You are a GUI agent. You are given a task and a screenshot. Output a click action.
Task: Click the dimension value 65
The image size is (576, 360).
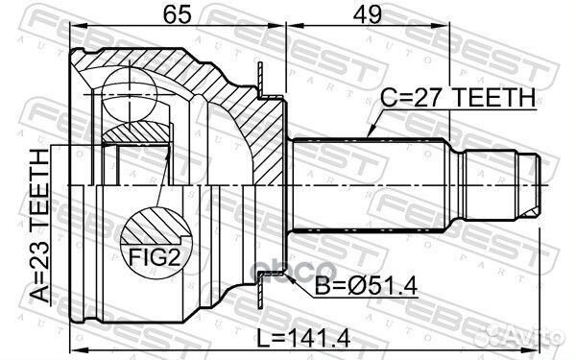177,14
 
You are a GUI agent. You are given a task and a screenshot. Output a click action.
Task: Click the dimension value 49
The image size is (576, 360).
367,14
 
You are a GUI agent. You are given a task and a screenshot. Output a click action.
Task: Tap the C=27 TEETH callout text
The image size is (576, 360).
458,98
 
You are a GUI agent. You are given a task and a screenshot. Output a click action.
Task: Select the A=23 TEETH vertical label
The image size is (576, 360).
40,226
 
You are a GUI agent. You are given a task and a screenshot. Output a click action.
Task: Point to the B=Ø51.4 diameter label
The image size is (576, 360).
366,286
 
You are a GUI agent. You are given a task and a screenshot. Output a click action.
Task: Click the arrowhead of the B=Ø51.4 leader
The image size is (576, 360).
289,278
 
